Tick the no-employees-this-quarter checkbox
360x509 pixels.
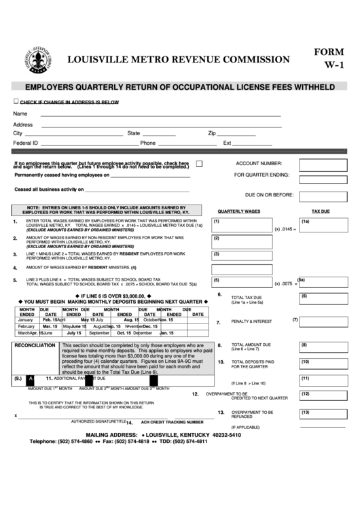tap(198, 164)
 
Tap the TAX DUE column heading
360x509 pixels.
tap(320, 212)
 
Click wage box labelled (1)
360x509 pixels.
tap(242, 224)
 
